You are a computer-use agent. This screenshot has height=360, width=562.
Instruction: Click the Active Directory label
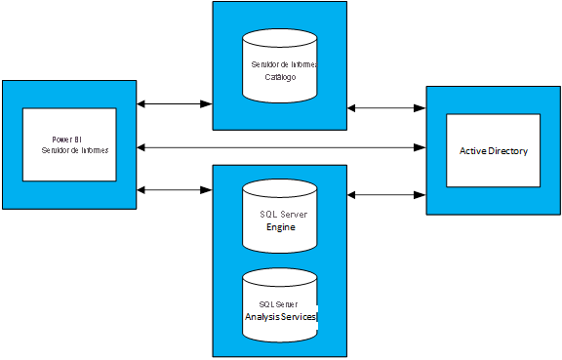coord(494,151)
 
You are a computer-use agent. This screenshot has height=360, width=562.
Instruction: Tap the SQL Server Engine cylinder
coord(279,214)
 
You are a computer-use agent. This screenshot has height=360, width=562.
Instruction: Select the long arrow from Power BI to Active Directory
coord(282,147)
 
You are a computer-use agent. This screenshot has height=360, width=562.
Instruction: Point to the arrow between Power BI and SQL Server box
coord(175,189)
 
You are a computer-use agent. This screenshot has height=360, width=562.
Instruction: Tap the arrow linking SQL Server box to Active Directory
coord(386,195)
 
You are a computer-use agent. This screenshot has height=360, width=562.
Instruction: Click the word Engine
coord(280,226)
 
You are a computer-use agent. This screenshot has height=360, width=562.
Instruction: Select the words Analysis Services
coord(280,317)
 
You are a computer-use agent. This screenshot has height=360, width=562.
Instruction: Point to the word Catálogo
coord(280,76)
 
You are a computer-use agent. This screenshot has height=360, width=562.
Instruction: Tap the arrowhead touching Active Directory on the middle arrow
coord(421,147)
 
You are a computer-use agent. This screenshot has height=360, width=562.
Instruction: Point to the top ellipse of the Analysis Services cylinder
coord(279,278)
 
